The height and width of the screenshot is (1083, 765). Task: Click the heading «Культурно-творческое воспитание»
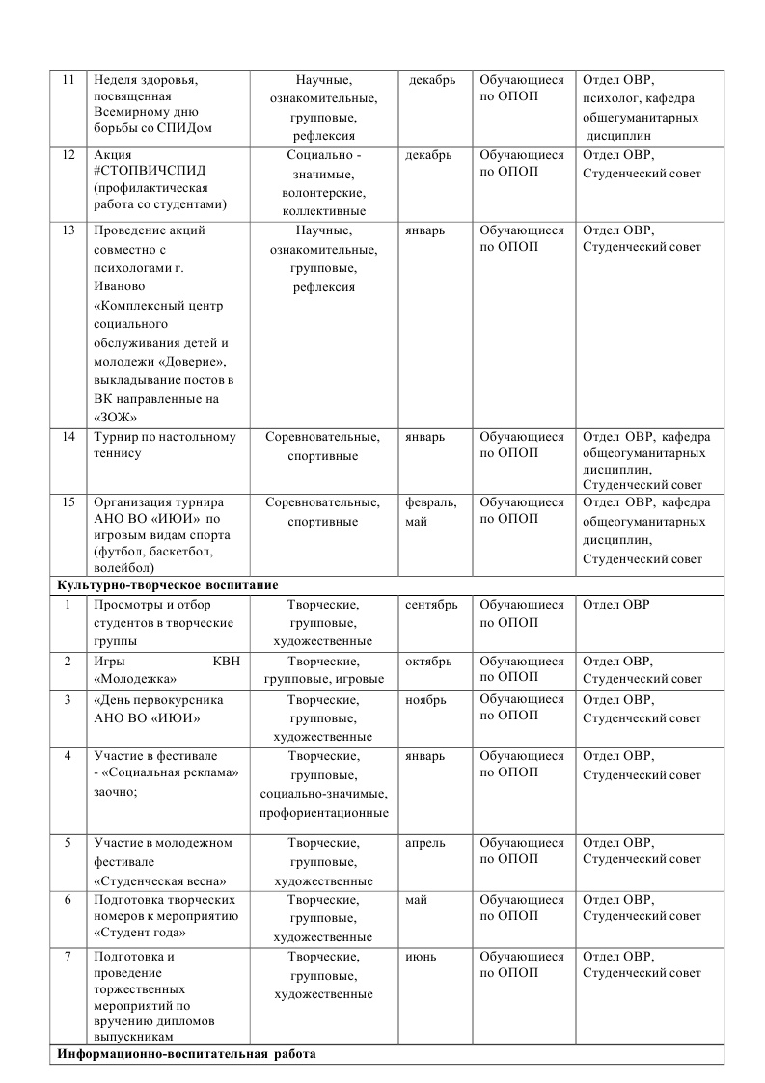coord(169,585)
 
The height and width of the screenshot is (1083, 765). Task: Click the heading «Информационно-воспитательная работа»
coord(186,1054)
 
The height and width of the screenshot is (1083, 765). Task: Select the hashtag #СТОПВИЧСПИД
coord(150,172)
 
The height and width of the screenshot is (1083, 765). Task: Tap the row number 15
coord(68,502)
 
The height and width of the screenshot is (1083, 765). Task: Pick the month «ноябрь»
coord(425,700)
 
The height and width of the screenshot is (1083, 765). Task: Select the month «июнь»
coord(422,957)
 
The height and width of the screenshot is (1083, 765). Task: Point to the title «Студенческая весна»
coord(160,880)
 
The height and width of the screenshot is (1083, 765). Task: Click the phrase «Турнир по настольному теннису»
coord(164,446)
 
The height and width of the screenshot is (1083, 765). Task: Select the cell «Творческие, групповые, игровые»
coord(324,670)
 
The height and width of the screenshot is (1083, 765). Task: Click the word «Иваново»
coord(119,286)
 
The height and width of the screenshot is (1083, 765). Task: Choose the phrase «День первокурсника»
coord(161,700)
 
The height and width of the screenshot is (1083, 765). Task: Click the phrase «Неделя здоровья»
coord(148,80)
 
